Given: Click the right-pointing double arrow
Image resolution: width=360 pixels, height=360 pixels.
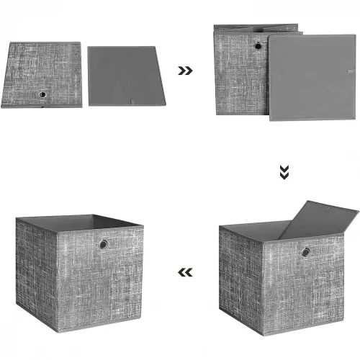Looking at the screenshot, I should coord(185,71).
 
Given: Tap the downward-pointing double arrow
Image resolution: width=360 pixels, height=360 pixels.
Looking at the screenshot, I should coord(284,171).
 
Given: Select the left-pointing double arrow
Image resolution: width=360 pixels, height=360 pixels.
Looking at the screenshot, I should coord(185,272).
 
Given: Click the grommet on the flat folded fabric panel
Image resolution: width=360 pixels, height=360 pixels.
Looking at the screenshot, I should coord(42,94).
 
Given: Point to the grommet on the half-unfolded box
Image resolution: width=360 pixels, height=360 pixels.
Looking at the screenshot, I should coord(258,46).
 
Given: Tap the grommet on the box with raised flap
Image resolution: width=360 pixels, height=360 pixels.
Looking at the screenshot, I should coord(306,252).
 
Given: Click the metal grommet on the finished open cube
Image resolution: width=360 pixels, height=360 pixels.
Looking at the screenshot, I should coord(103,245).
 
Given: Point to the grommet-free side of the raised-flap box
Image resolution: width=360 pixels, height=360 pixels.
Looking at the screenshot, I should coord(238,277).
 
